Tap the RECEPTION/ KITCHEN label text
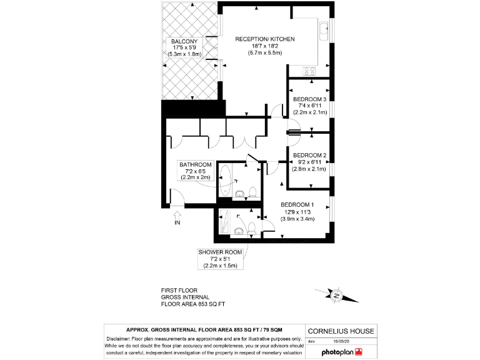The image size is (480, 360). coord(264,39)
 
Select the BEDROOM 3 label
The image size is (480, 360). coord(310,99)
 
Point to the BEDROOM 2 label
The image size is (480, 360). coord(310,155)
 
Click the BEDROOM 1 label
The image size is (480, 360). coord(297,205)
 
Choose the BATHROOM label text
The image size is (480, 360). coord(196,164)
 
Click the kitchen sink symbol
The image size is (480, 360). coord(324,29)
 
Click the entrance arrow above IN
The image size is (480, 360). coord(177,214)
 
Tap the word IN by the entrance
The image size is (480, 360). coord(177,222)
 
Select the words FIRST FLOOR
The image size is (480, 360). coord(179,291)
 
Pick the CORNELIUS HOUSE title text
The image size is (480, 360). coord(341,331)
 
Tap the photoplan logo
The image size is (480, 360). coord(341,352)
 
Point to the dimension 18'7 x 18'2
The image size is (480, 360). coord(264,46)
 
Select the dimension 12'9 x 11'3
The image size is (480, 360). coord(297,212)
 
